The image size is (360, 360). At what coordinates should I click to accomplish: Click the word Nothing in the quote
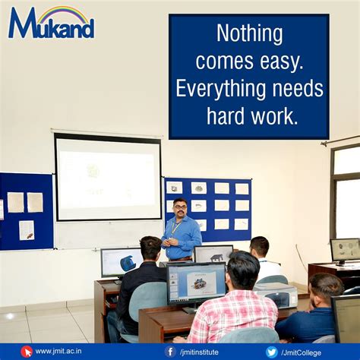click(249, 33)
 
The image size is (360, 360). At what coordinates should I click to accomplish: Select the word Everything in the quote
click(217, 89)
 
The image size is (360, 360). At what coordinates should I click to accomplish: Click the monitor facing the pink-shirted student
click(195, 283)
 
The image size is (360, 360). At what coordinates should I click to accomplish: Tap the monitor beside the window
click(344, 250)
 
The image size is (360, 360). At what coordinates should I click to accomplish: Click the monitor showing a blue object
click(122, 262)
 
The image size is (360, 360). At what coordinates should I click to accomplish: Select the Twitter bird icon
click(271, 352)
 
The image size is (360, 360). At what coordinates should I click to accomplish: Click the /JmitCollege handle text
click(304, 352)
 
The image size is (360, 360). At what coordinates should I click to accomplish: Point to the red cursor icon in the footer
click(27, 352)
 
